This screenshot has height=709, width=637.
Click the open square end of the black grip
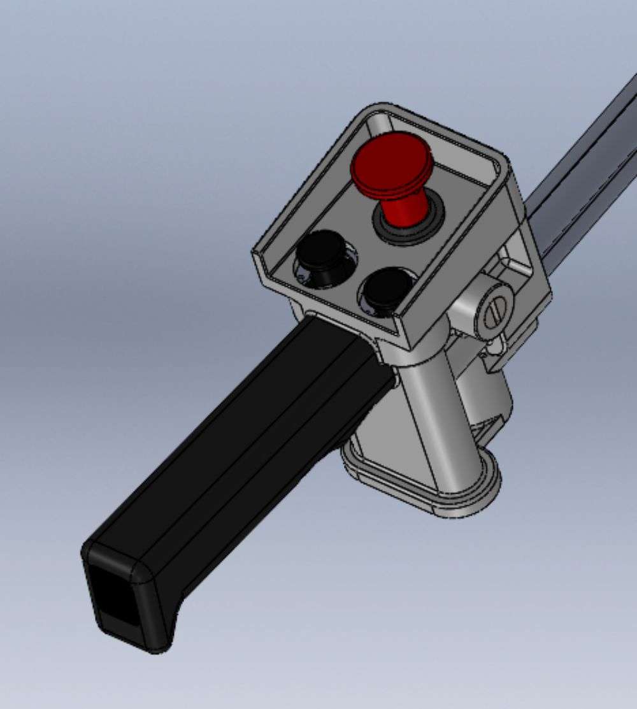115,596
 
